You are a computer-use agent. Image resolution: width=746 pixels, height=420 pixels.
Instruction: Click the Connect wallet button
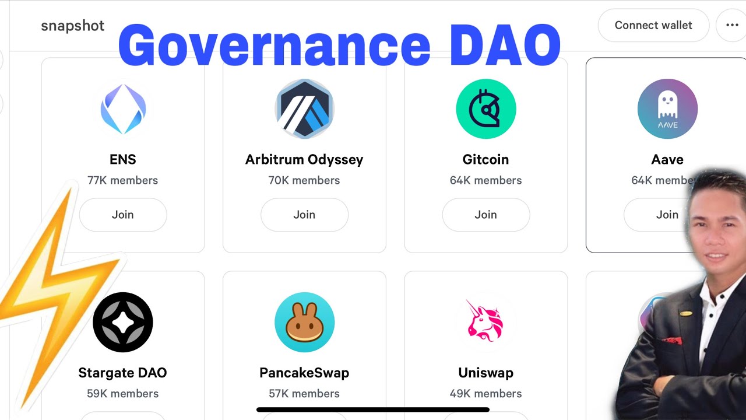pyautogui.click(x=653, y=25)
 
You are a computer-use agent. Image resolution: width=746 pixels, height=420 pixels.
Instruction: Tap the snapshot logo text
pyautogui.click(x=73, y=26)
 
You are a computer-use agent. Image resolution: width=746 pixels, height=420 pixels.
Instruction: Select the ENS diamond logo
pyautogui.click(x=123, y=108)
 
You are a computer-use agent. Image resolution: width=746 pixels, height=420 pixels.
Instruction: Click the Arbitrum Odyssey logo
pyautogui.click(x=304, y=108)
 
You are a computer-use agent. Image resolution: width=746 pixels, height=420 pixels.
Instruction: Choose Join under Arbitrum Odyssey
pyautogui.click(x=304, y=215)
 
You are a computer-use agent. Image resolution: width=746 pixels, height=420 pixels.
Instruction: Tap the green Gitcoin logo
pyautogui.click(x=486, y=108)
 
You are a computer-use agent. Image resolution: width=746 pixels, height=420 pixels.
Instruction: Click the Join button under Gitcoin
pyautogui.click(x=486, y=215)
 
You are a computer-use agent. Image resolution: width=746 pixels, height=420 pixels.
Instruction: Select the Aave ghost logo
pyautogui.click(x=667, y=108)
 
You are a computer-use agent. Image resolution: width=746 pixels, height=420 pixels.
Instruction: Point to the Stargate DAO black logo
pyautogui.click(x=123, y=322)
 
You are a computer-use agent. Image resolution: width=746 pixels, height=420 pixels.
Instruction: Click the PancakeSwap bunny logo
pyautogui.click(x=304, y=322)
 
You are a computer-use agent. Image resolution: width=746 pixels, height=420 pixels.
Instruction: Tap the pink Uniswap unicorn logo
pyautogui.click(x=486, y=322)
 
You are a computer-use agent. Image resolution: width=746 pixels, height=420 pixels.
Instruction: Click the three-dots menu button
pyautogui.click(x=732, y=25)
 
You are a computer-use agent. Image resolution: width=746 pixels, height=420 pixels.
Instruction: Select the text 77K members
pyautogui.click(x=123, y=180)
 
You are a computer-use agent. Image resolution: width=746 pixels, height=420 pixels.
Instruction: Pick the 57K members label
pyautogui.click(x=304, y=394)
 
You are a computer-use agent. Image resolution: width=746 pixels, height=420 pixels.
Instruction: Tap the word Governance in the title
pyautogui.click(x=274, y=45)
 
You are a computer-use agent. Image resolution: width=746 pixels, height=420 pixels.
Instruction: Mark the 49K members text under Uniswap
pyautogui.click(x=486, y=394)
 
